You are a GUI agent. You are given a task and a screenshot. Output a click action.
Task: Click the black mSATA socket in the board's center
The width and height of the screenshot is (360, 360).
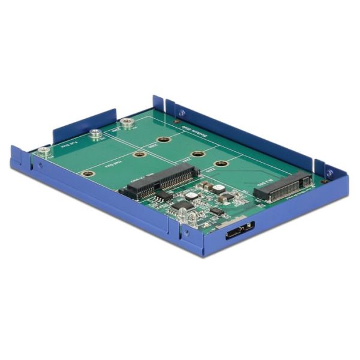161,182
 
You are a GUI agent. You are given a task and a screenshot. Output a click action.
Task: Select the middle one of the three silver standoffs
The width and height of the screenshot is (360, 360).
94,134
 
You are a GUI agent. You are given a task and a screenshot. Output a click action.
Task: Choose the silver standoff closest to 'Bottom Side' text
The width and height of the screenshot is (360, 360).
126,123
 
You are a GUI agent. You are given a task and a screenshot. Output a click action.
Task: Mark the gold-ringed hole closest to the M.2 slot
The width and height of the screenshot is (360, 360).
220,163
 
